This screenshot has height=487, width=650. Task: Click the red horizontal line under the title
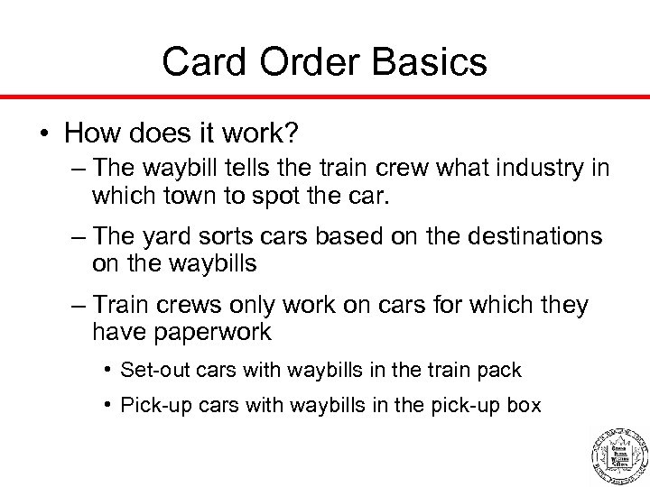[325, 95]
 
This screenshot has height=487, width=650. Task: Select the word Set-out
[151, 371]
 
